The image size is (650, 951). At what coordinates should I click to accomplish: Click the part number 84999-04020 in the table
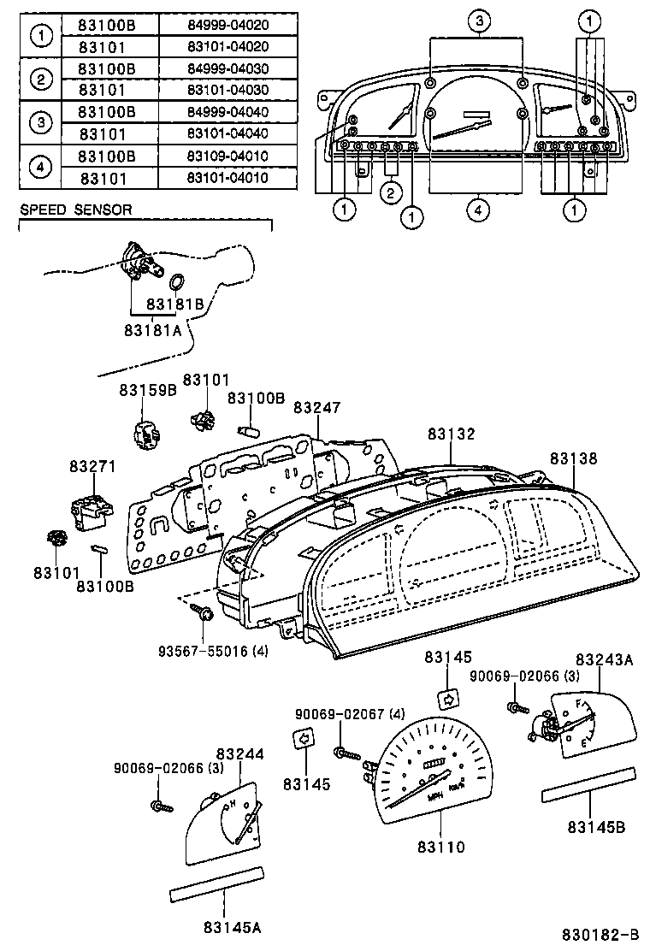pyautogui.click(x=227, y=25)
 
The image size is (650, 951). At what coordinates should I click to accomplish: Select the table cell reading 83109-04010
pyautogui.click(x=227, y=157)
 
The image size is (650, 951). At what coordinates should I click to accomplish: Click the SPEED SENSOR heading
pyautogui.click(x=76, y=210)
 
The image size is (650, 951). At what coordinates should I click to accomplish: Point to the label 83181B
pyautogui.click(x=174, y=304)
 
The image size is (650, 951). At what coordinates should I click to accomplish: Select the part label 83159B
pyautogui.click(x=147, y=390)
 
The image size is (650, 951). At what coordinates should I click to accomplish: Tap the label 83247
pyautogui.click(x=316, y=408)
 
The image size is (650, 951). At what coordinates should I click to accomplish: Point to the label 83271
pyautogui.click(x=92, y=467)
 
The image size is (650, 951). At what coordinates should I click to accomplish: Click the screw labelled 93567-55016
pyautogui.click(x=206, y=613)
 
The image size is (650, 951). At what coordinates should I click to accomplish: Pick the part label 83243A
pyautogui.click(x=604, y=659)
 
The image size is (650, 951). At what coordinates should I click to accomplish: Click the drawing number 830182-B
pyautogui.click(x=600, y=934)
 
